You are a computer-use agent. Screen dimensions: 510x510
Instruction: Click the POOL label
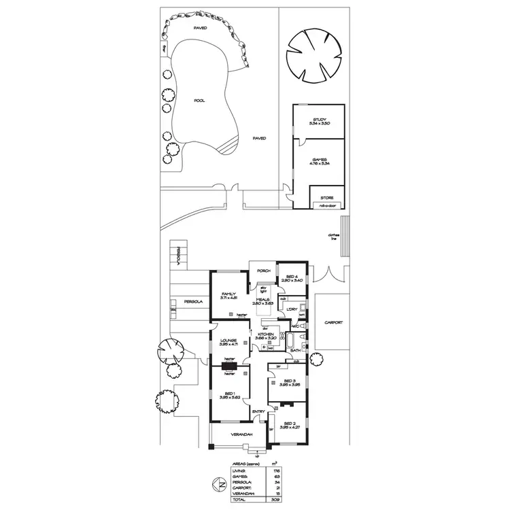click(x=199, y=101)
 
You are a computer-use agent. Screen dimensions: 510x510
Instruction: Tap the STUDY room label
click(x=319, y=120)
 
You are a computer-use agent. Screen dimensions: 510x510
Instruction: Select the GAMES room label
click(x=319, y=161)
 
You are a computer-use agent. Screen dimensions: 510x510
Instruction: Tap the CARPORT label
click(x=333, y=323)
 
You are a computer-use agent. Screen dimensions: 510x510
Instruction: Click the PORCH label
click(x=263, y=271)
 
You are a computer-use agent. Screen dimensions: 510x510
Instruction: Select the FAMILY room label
click(x=228, y=294)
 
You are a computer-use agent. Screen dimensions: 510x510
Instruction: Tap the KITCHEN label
click(x=265, y=335)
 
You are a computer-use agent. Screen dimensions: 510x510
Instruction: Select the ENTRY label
click(x=258, y=411)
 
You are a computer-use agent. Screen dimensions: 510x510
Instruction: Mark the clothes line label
click(x=333, y=239)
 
